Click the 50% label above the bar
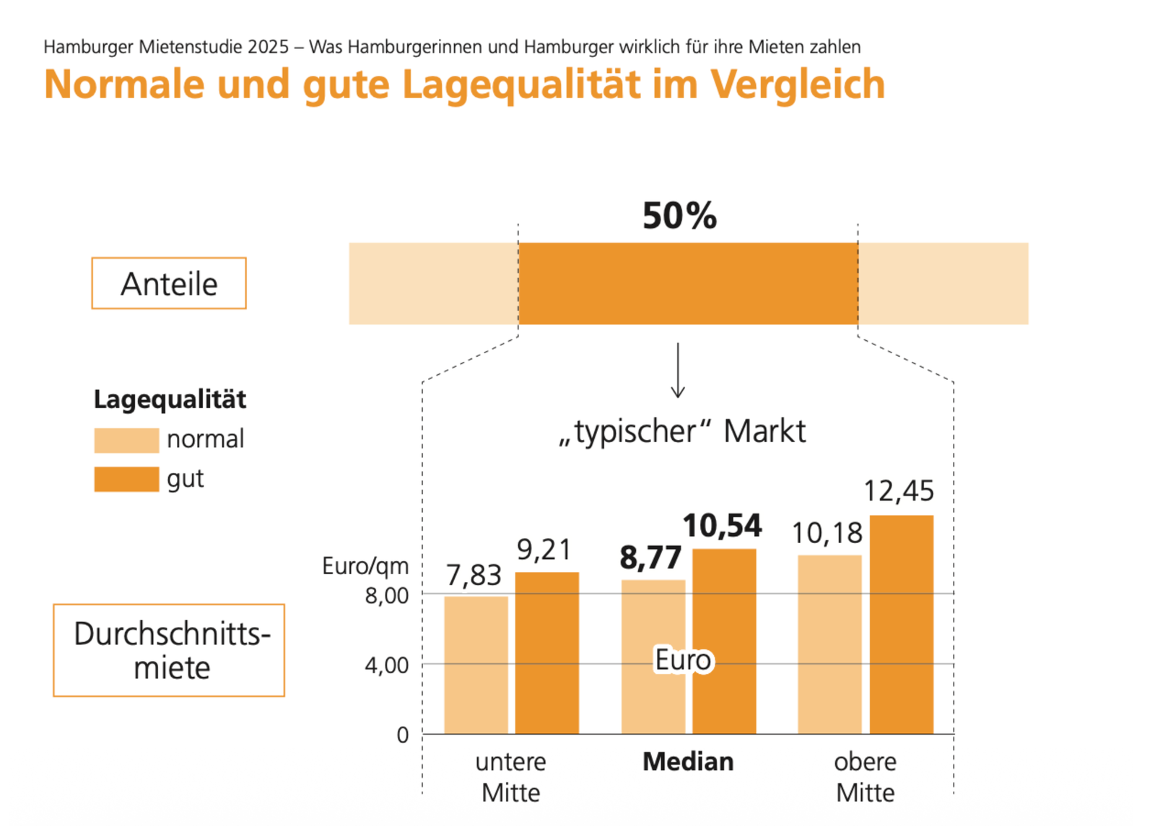point(679,216)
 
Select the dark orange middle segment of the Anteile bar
point(688,283)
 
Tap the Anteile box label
point(169,283)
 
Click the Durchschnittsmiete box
point(169,650)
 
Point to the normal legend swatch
point(126,440)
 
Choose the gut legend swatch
point(126,479)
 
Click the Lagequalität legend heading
point(170,399)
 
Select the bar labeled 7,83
point(476,664)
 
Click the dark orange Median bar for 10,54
point(724,641)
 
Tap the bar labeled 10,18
point(829,644)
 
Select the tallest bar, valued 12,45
point(901,624)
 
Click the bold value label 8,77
point(650,558)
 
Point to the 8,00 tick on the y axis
point(387,595)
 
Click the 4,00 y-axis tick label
point(387,664)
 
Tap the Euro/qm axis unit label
point(365,566)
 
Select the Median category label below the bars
point(688,761)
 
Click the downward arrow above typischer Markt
point(677,371)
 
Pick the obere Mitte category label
point(865,776)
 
